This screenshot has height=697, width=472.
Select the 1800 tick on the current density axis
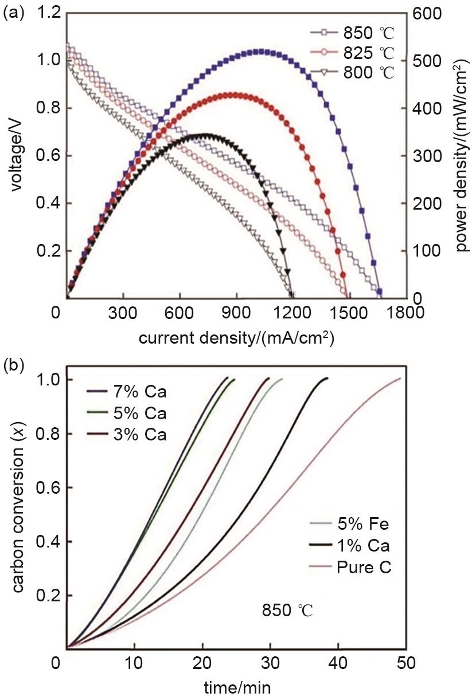pyautogui.click(x=405, y=313)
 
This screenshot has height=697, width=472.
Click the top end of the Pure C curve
pyautogui.click(x=399, y=378)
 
